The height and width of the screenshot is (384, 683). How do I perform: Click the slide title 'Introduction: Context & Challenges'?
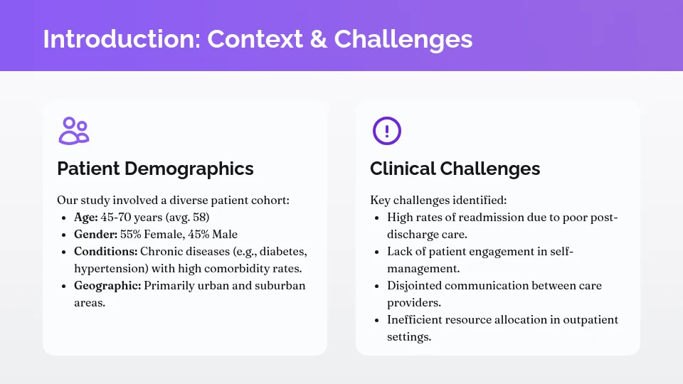click(258, 38)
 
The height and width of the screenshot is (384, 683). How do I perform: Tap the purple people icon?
click(74, 131)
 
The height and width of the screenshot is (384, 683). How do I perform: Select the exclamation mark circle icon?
click(387, 131)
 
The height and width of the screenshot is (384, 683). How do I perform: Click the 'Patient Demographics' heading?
click(155, 169)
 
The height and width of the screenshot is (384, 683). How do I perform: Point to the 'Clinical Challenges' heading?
click(455, 169)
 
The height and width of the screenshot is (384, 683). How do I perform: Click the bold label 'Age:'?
click(86, 218)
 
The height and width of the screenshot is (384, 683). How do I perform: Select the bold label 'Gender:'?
click(95, 235)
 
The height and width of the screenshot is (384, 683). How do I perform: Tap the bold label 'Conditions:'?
click(105, 252)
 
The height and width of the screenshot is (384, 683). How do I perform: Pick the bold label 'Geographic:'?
click(107, 286)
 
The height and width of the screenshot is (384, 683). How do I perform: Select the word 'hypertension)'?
click(108, 269)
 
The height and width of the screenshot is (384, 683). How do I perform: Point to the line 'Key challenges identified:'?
click(438, 201)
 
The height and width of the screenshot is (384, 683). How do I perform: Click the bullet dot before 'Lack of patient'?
click(376, 252)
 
